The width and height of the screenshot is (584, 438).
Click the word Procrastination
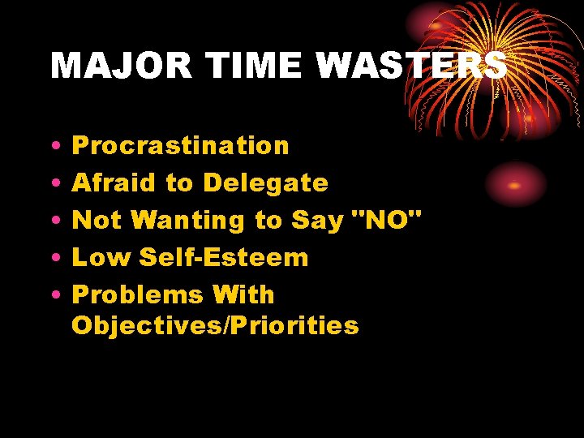point(180,146)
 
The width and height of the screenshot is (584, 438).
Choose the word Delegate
point(265,183)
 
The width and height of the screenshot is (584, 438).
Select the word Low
point(101,258)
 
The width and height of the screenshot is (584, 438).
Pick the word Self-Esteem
point(224,258)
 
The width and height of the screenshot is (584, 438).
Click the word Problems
point(137,294)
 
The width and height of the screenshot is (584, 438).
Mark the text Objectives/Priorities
point(215,326)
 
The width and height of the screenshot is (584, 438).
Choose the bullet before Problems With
point(53,296)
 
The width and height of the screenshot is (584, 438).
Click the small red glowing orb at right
point(514,184)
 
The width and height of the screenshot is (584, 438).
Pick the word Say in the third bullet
point(313,221)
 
